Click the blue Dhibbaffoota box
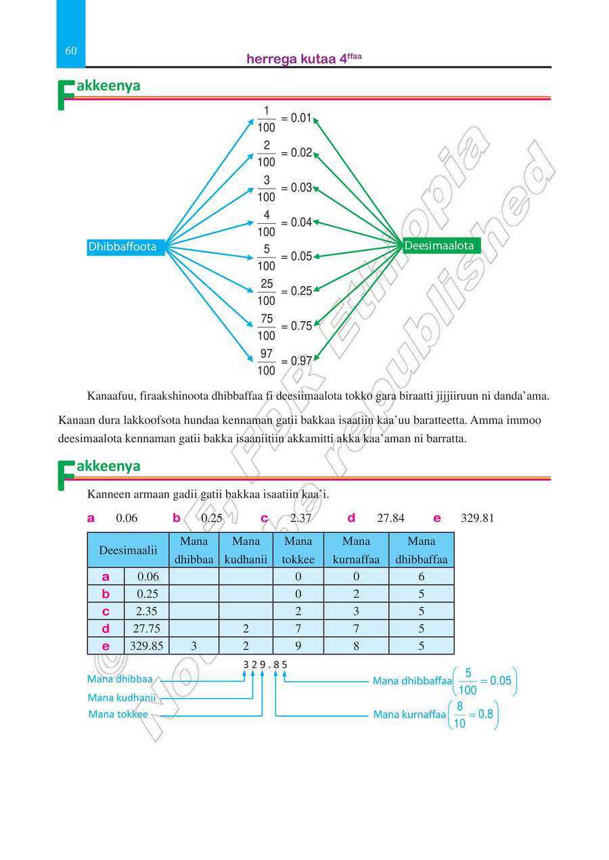(122, 247)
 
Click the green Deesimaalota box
(439, 246)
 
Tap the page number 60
(71, 51)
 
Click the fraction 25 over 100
(267, 292)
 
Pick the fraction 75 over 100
(267, 327)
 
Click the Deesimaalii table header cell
(128, 550)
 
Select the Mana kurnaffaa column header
(356, 550)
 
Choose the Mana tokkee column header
(298, 550)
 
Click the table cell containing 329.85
(147, 646)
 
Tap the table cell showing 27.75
(147, 628)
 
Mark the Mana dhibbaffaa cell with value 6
(421, 577)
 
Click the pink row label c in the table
(106, 611)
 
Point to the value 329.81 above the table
(477, 519)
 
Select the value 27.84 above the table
(390, 519)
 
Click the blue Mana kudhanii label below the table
(122, 697)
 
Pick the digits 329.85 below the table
(265, 664)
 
